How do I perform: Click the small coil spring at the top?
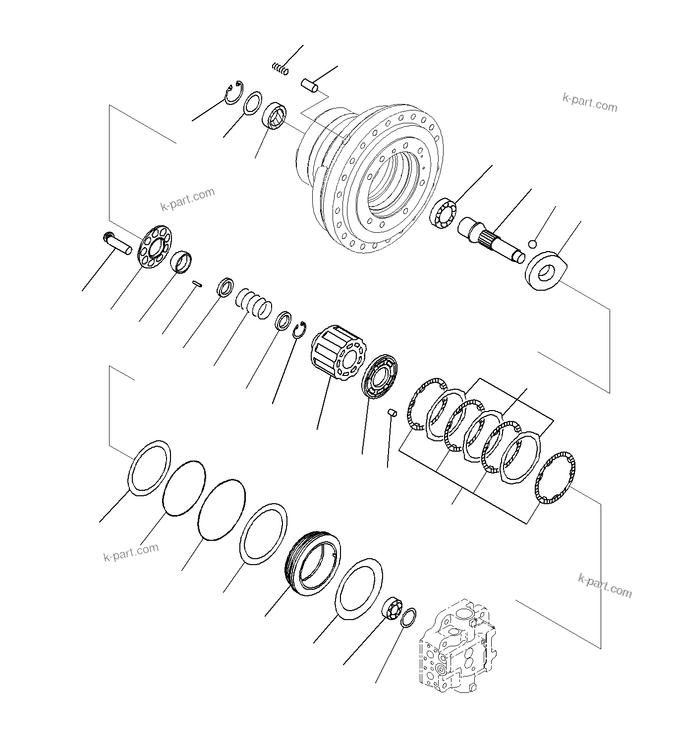click(280, 69)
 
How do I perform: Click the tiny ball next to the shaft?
click(533, 244)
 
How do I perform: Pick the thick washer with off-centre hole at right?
click(544, 270)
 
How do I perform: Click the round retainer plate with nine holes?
click(154, 246)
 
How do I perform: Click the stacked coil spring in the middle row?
click(254, 303)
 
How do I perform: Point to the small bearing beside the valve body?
click(393, 608)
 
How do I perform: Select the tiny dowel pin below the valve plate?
click(392, 412)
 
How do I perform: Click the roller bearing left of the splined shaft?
click(442, 214)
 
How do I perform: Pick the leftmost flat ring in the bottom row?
click(150, 468)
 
